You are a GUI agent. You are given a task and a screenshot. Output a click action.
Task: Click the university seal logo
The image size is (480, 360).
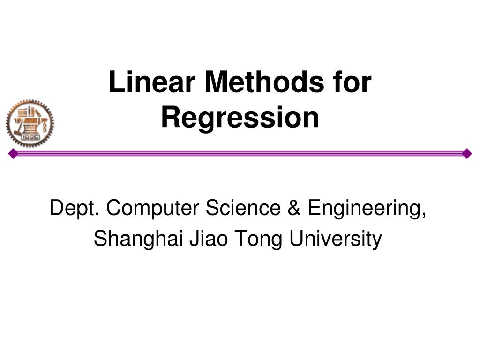coord(30,123)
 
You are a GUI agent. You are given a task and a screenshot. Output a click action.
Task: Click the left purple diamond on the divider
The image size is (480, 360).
coord(13,153)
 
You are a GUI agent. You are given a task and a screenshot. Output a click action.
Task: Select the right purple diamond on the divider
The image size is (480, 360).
coord(466,153)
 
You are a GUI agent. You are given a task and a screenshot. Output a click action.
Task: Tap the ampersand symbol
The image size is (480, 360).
coord(294,208)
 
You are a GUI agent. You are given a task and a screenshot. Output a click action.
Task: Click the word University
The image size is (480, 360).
coord(335,239)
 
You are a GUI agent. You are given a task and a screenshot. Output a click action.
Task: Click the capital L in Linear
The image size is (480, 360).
coord(115,82)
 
